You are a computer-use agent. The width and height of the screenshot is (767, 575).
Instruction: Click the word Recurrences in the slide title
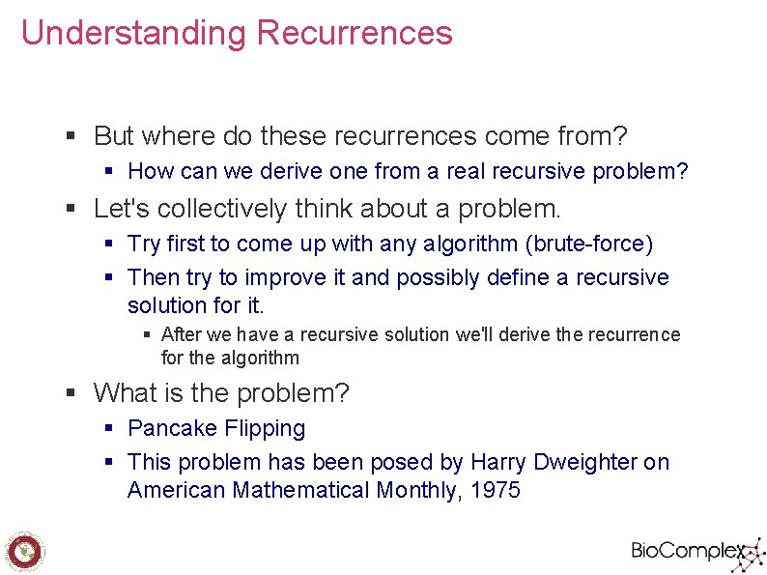click(x=355, y=33)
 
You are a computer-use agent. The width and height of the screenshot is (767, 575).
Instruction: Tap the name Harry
click(x=498, y=462)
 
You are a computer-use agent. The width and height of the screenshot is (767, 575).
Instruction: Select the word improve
click(x=287, y=277)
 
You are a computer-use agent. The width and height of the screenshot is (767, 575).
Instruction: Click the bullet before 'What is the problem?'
click(x=71, y=393)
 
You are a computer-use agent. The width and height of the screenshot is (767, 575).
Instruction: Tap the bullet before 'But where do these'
click(x=71, y=135)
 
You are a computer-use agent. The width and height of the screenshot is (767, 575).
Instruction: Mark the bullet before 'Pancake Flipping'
click(x=109, y=428)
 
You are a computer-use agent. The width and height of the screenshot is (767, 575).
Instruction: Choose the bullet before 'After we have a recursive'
click(x=147, y=335)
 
